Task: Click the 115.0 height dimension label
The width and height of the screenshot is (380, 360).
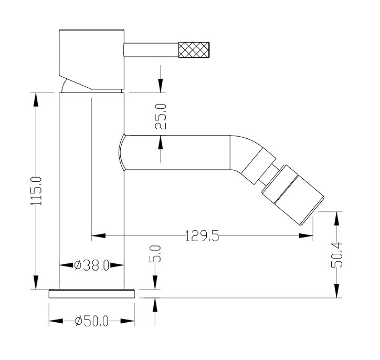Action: (x=36, y=191)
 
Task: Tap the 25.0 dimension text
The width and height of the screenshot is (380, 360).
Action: (x=161, y=117)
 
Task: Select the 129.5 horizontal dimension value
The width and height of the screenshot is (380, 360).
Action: (x=202, y=236)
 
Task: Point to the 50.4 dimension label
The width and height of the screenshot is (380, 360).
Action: (x=337, y=255)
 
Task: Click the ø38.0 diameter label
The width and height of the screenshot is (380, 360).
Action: (x=92, y=265)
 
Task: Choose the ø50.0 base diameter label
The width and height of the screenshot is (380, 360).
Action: (x=92, y=321)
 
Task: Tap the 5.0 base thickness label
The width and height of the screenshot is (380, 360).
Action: (x=155, y=253)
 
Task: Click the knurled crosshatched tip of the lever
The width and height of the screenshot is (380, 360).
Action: (x=194, y=50)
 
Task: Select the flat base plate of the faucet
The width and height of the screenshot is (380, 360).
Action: (x=92, y=294)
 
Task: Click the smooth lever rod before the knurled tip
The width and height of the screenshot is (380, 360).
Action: (x=151, y=50)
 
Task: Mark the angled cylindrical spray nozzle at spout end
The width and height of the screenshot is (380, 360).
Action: (x=293, y=195)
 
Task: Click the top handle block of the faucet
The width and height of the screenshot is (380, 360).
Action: (x=92, y=59)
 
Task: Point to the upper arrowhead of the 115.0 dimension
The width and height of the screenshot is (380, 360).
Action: (x=36, y=99)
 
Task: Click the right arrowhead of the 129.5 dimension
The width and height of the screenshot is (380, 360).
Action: (x=306, y=235)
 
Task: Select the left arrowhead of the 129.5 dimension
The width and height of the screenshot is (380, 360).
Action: (x=98, y=235)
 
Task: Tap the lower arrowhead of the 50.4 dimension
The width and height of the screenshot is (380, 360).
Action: (x=336, y=291)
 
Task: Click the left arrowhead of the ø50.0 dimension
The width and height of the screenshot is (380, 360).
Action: (x=56, y=321)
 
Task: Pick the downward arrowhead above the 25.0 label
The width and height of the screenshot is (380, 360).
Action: (x=160, y=86)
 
